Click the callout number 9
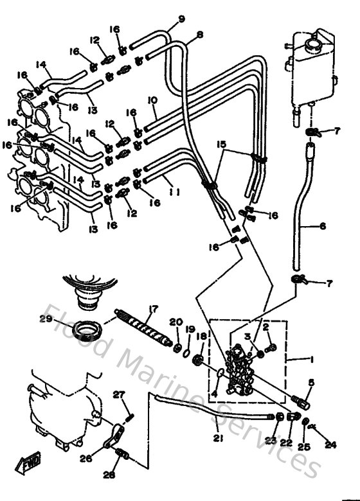(181, 19)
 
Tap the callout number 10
(152, 101)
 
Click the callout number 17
(154, 309)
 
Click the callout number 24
(330, 443)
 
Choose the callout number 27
(118, 394)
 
